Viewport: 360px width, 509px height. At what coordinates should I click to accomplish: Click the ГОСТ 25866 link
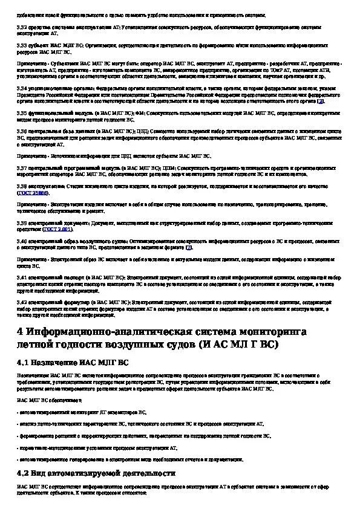pyautogui.click(x=30, y=193)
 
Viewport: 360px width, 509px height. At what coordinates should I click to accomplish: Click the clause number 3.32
pyautogui.click(x=21, y=27)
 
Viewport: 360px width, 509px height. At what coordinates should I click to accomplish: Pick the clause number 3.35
pyautogui.click(x=21, y=112)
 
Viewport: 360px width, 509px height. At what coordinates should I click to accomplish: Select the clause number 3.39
pyautogui.click(x=21, y=223)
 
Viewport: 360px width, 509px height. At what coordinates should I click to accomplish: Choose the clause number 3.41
pyautogui.click(x=21, y=276)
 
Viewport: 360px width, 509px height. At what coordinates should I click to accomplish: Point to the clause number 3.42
pyautogui.click(x=21, y=300)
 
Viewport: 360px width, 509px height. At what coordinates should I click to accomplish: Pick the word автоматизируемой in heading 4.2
pyautogui.click(x=104, y=473)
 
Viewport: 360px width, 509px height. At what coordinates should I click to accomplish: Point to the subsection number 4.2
pyautogui.click(x=24, y=473)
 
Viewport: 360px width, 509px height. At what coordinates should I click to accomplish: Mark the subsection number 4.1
pyautogui.click(x=24, y=363)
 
